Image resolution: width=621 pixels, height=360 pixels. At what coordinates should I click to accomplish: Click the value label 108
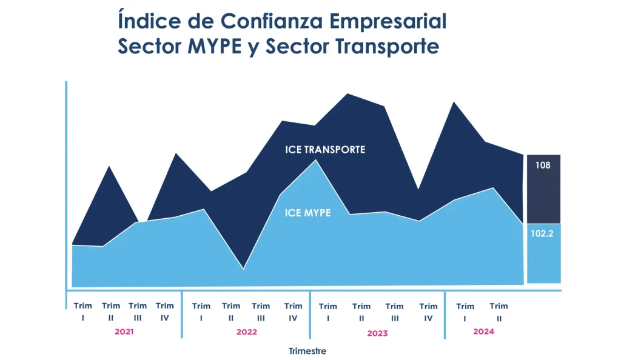pyautogui.click(x=543, y=164)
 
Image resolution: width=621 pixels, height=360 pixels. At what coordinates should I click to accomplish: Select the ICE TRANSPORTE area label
pyautogui.click(x=325, y=150)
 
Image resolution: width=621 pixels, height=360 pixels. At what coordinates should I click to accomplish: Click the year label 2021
pyautogui.click(x=124, y=332)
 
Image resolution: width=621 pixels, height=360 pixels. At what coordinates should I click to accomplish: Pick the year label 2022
pyautogui.click(x=247, y=332)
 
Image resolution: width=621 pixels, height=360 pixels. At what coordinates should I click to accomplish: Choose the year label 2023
pyautogui.click(x=377, y=333)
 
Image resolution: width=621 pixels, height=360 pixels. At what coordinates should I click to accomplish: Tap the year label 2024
pyautogui.click(x=483, y=332)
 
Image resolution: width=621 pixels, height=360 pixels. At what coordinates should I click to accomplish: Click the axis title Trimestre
pyautogui.click(x=307, y=351)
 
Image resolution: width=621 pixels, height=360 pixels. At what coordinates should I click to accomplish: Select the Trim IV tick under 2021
pyautogui.click(x=164, y=312)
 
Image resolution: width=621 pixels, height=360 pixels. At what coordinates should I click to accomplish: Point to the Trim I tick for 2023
pyautogui.click(x=328, y=312)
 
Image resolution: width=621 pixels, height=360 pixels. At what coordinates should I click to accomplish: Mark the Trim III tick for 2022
pyautogui.click(x=261, y=312)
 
